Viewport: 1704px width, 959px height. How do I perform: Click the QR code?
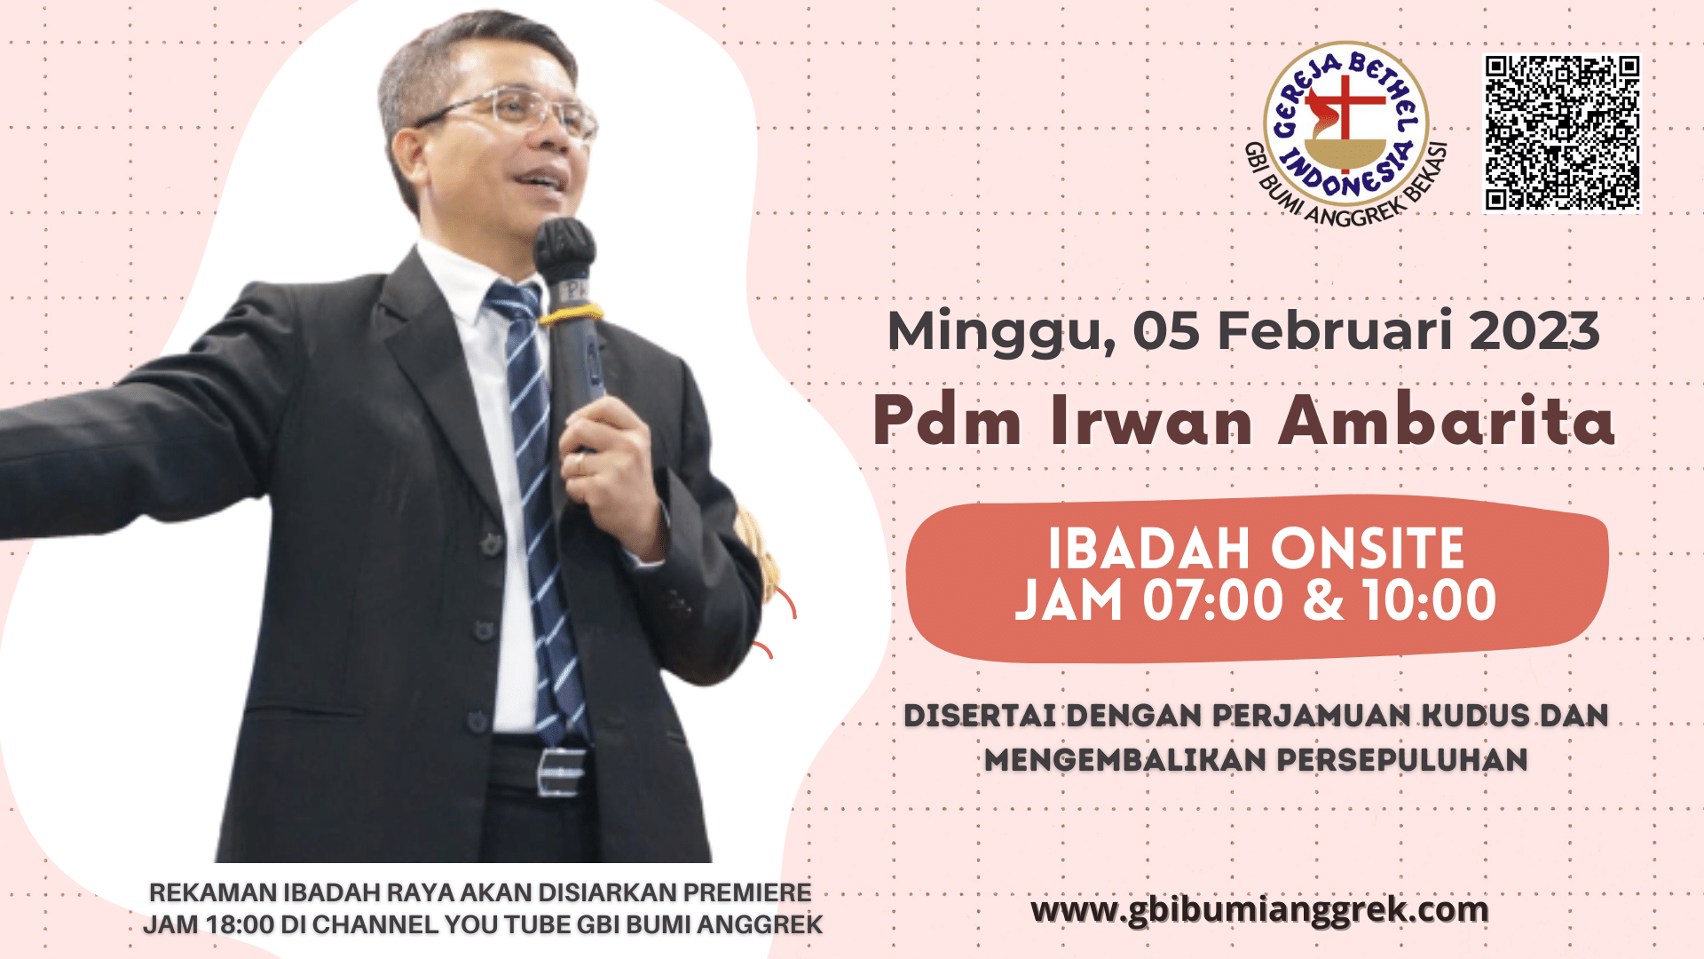(1563, 133)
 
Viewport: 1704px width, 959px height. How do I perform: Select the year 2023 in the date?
(1534, 330)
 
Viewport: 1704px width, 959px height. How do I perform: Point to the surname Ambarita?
(1447, 420)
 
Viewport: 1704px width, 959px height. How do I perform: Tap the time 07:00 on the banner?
(1212, 600)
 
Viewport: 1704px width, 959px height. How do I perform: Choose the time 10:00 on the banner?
(1429, 600)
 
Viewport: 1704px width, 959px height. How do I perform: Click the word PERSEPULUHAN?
(1402, 760)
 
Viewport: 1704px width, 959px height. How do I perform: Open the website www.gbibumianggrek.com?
(1259, 911)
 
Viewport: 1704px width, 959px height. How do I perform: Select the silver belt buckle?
(561, 771)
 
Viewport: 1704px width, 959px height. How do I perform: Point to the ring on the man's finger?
(580, 464)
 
